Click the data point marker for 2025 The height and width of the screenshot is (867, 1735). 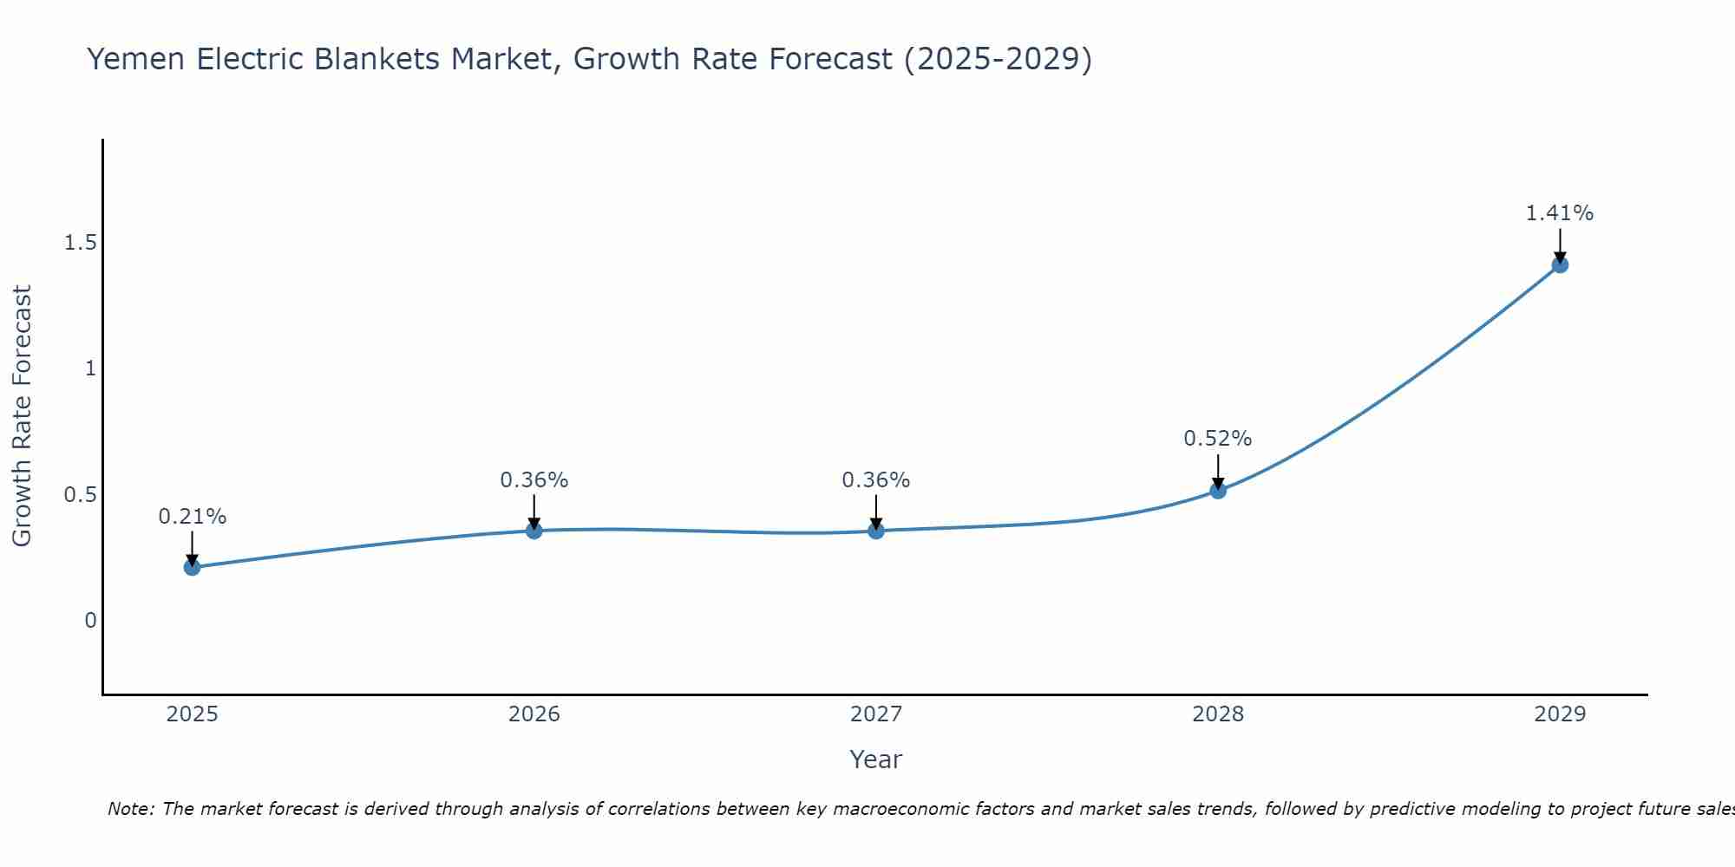click(x=192, y=567)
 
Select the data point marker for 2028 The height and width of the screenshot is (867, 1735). click(x=1218, y=490)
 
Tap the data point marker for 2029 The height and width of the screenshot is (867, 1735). click(x=1560, y=264)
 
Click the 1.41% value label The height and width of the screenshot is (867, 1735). click(x=1560, y=213)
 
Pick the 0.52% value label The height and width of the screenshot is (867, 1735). click(x=1218, y=439)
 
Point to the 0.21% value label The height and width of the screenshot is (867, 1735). click(x=192, y=517)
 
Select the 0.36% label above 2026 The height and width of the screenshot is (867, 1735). click(x=534, y=480)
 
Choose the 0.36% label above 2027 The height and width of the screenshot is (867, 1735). click(x=876, y=480)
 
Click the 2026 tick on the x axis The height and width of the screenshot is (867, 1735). click(x=534, y=714)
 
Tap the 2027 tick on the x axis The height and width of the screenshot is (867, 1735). click(x=876, y=714)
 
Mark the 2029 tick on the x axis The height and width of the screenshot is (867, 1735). click(x=1560, y=714)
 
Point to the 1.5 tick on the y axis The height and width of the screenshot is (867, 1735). click(x=80, y=243)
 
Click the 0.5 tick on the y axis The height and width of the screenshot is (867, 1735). click(x=80, y=495)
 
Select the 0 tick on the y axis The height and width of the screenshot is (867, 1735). click(x=90, y=621)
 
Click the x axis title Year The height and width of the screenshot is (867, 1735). click(x=876, y=759)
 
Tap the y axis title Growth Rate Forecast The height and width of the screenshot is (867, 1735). click(x=23, y=416)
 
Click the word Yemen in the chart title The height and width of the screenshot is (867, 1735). click(x=136, y=59)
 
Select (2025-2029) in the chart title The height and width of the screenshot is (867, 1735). click(x=998, y=59)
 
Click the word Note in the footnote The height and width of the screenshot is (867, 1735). click(x=130, y=809)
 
